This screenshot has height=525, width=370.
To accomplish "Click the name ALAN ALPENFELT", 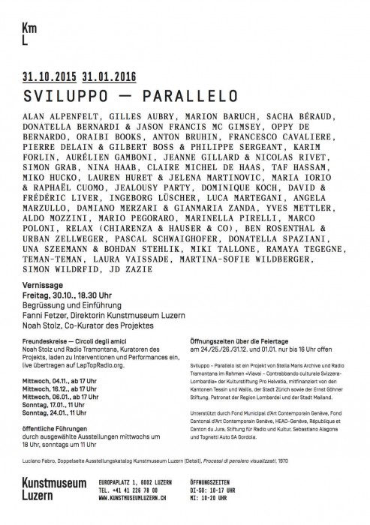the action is coord(62,118).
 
